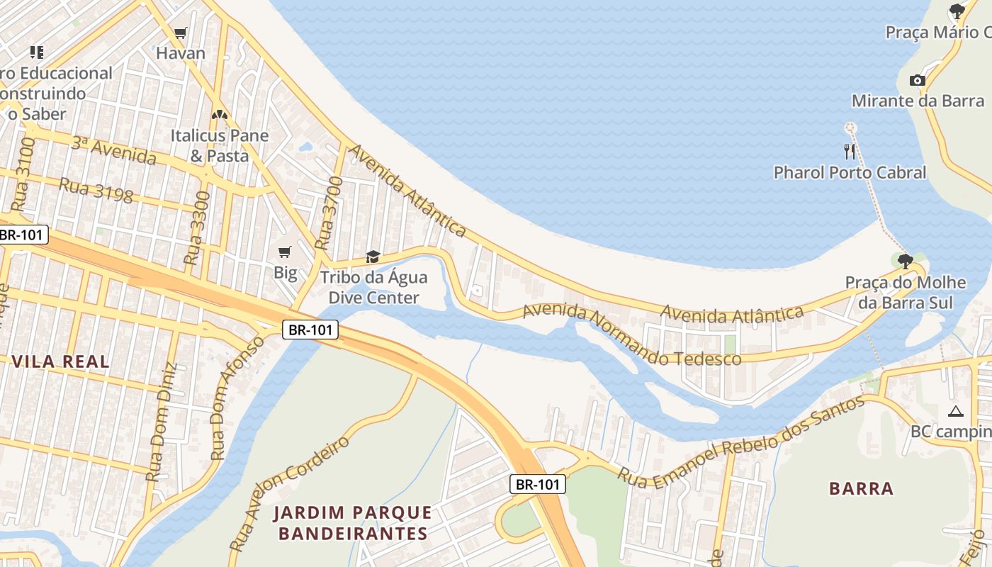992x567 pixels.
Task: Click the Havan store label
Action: [181, 53]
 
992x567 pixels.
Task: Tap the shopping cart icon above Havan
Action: [181, 33]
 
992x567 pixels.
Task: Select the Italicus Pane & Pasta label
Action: [220, 145]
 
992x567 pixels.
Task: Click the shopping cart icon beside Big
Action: [285, 252]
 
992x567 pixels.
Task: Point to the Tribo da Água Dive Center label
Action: [373, 287]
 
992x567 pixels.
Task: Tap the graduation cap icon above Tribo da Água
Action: [373, 257]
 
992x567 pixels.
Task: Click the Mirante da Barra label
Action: [918, 101]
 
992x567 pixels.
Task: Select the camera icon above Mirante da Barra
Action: [918, 80]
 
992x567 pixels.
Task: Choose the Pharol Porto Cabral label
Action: [850, 172]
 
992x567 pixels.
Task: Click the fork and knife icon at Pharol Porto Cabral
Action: [850, 151]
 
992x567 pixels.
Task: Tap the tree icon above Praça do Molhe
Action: [905, 261]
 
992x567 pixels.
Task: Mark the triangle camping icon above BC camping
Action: [956, 411]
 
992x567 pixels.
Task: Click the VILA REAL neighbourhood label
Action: [61, 361]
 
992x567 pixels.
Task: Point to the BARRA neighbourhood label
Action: [861, 488]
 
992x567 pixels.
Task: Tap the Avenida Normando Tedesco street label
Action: [631, 335]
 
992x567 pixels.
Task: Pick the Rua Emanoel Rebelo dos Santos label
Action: [740, 442]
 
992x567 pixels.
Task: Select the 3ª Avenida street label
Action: [113, 150]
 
